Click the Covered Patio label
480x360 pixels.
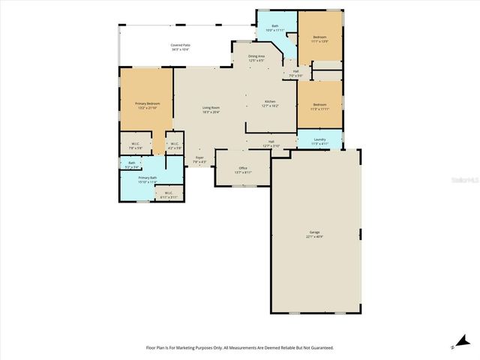tap(179, 47)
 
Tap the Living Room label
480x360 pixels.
tap(211, 109)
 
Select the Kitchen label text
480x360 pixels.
tap(270, 103)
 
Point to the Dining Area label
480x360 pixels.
tap(256, 58)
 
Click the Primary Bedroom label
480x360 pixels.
tap(147, 105)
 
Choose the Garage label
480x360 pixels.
tap(314, 234)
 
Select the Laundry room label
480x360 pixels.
tap(319, 139)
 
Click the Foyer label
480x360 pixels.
tap(199, 159)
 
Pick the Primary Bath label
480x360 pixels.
tap(147, 179)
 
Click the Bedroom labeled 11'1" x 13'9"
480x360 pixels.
tap(319, 37)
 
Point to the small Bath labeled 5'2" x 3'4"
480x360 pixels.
tap(131, 164)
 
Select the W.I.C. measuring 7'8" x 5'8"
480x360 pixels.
tap(136, 145)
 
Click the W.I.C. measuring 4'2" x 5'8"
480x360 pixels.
tap(173, 145)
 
